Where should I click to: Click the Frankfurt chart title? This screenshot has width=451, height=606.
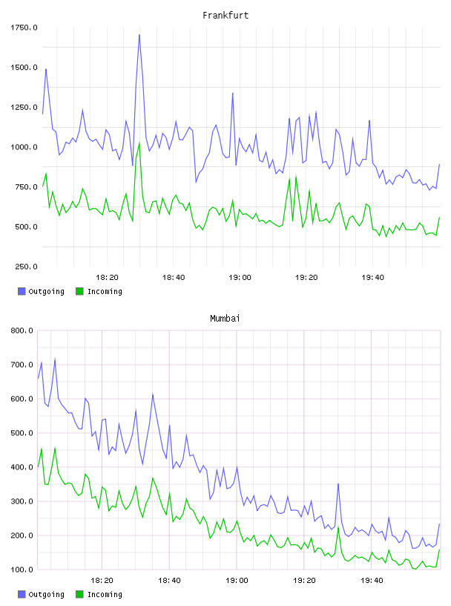point(225,15)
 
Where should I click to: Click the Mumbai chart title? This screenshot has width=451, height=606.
point(225,318)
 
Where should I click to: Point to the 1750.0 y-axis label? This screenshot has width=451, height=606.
point(24,27)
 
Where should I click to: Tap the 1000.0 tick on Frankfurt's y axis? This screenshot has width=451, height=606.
point(24,147)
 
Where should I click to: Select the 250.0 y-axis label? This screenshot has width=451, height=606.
point(26,267)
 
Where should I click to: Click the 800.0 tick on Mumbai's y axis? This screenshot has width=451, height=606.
point(22,330)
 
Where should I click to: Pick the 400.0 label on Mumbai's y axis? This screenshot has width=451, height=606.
point(22,467)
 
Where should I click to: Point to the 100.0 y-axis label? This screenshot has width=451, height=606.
point(22,570)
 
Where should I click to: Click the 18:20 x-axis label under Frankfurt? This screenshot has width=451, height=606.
point(107,277)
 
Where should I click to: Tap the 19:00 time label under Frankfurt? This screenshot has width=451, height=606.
point(240,277)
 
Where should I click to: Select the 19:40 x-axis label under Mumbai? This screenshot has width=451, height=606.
point(372,580)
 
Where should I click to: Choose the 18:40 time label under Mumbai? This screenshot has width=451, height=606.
point(170,580)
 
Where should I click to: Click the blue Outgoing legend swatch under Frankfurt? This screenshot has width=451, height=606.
point(22,291)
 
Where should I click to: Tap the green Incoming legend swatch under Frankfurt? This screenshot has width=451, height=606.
point(79,291)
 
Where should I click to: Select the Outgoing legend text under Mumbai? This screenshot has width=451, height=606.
point(46,594)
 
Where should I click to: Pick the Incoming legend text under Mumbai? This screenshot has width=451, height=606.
point(105,594)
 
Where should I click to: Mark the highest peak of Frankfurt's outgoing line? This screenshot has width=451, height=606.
point(139,35)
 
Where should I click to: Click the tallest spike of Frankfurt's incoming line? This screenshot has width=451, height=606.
point(139,143)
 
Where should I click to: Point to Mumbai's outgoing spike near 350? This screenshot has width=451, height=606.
point(338,484)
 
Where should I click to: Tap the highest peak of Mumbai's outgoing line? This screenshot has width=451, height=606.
point(55,359)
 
